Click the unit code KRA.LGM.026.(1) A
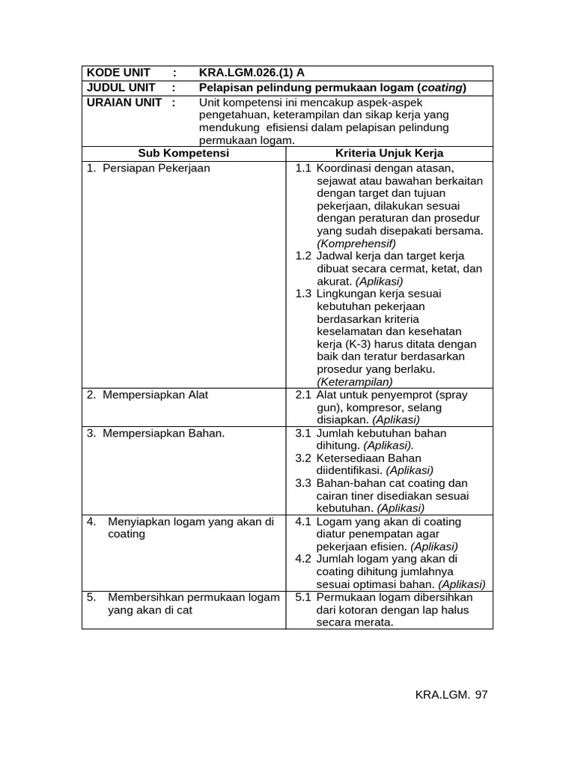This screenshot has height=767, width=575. (252, 73)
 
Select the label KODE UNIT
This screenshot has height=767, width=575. (119, 73)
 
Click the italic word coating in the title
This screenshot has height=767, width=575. (441, 88)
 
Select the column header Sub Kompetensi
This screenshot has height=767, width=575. (183, 153)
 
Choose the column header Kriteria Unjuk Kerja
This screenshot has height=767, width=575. (389, 153)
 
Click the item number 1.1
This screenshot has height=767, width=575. (303, 168)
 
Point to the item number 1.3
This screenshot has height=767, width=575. (303, 294)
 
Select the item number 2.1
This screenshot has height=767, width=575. (303, 394)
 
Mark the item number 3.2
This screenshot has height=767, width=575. (303, 458)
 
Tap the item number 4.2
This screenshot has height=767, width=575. (303, 559)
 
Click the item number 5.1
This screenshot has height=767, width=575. (303, 597)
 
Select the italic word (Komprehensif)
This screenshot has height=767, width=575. (356, 243)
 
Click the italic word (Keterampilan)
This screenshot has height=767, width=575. (355, 382)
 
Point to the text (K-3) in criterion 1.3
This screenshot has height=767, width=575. (356, 344)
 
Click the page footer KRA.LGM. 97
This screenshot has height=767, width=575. (451, 695)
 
